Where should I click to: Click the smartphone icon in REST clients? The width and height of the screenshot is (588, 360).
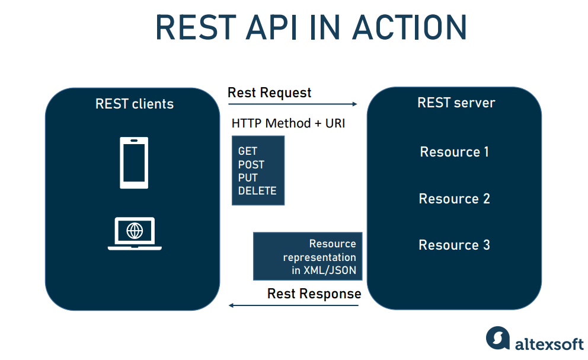point(134,163)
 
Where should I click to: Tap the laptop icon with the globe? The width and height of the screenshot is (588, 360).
point(135,234)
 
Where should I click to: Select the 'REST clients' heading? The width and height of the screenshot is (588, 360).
point(135,104)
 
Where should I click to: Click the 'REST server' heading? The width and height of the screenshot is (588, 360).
point(456,103)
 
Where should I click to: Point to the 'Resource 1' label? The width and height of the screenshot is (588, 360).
point(454,152)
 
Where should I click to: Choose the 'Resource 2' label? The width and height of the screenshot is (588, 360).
point(454,199)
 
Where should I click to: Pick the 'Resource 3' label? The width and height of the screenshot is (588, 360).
point(454,245)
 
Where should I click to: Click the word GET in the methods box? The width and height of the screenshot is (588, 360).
point(247,152)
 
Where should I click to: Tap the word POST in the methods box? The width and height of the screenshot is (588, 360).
point(251,165)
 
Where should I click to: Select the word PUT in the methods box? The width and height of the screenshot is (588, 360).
point(248,178)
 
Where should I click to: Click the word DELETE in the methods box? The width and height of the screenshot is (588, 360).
point(257,191)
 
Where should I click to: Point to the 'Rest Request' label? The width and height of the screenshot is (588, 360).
point(269,93)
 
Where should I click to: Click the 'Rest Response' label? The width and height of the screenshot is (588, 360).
point(314,294)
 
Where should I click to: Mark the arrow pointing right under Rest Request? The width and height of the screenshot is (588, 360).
point(293,104)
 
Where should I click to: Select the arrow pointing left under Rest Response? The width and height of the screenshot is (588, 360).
point(294,305)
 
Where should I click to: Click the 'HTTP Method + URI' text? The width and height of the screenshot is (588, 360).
point(288,123)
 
